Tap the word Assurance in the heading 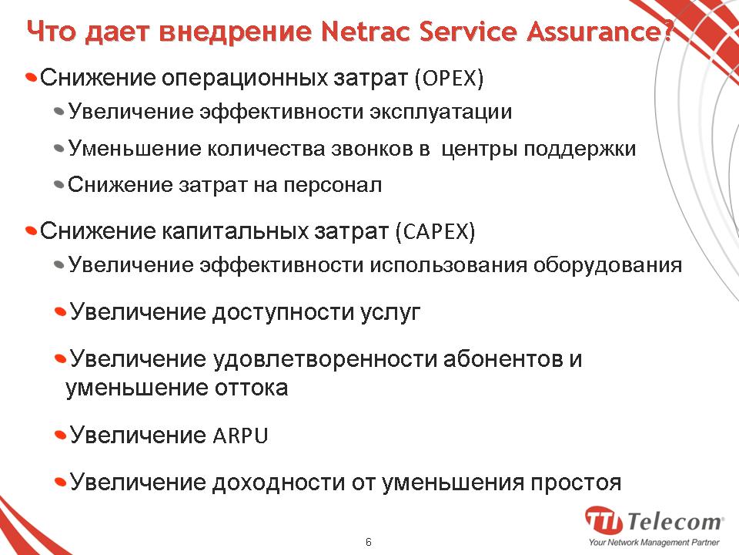coord(594,31)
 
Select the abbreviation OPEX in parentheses coord(449,78)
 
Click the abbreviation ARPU coord(240,435)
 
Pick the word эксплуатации coord(440,113)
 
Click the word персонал coord(333,185)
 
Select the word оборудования coord(607,265)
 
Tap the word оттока coord(251,388)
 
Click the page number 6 coord(369,542)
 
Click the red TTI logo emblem coord(604,520)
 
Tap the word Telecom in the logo coord(674,522)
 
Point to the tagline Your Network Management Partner coord(654,543)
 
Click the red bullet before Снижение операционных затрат coord(31,77)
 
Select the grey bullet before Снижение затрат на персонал coord(59,184)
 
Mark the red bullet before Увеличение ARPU coord(60,434)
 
